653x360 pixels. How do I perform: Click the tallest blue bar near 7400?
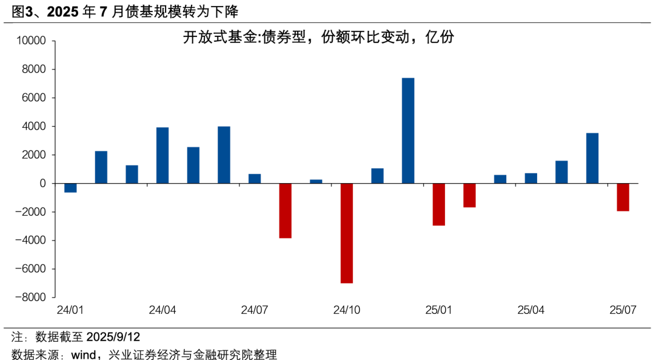click(408, 130)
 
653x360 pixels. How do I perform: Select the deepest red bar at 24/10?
click(347, 233)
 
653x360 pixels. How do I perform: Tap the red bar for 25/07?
click(623, 197)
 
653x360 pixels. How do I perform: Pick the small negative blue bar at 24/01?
click(70, 188)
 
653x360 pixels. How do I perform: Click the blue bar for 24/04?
click(162, 155)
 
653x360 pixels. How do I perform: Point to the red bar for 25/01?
click(439, 204)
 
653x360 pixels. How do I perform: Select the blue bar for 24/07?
click(255, 178)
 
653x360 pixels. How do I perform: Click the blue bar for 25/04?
click(531, 178)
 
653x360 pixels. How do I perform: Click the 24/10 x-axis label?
click(347, 310)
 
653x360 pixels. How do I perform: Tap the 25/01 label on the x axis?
click(439, 310)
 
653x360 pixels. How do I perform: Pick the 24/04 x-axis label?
click(162, 310)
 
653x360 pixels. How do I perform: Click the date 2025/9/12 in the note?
click(113, 336)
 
